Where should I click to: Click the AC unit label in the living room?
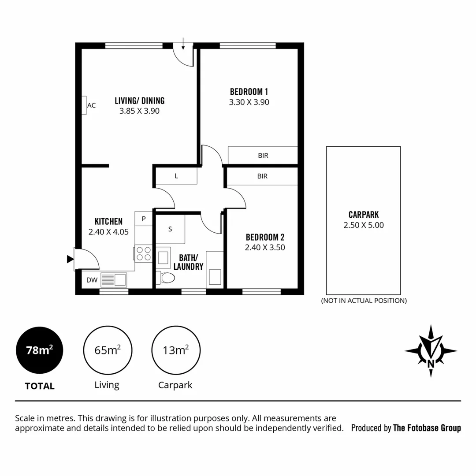pyautogui.click(x=91, y=105)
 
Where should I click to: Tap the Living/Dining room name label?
pyautogui.click(x=139, y=101)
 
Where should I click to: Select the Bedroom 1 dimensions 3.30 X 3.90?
pyautogui.click(x=249, y=102)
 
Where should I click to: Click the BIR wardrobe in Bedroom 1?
pyautogui.click(x=263, y=156)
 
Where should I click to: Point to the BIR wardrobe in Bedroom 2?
pyautogui.click(x=262, y=176)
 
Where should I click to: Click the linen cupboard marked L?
pyautogui.click(x=176, y=176)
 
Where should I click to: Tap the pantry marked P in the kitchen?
pyautogui.click(x=143, y=218)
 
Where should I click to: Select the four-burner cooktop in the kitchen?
pyautogui.click(x=143, y=253)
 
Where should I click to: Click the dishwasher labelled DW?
pyautogui.click(x=91, y=280)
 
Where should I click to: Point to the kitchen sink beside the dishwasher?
pyautogui.click(x=114, y=280)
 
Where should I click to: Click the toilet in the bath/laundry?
pyautogui.click(x=167, y=278)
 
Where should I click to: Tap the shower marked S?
pyautogui.click(x=170, y=229)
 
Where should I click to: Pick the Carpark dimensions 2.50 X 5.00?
pyautogui.click(x=364, y=225)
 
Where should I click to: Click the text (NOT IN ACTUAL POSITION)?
pyautogui.click(x=364, y=301)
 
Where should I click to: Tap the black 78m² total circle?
pyautogui.click(x=40, y=351)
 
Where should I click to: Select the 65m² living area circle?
pyautogui.click(x=108, y=351)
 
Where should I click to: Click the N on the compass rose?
pyautogui.click(x=431, y=363)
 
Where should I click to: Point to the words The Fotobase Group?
pyautogui.click(x=427, y=428)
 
